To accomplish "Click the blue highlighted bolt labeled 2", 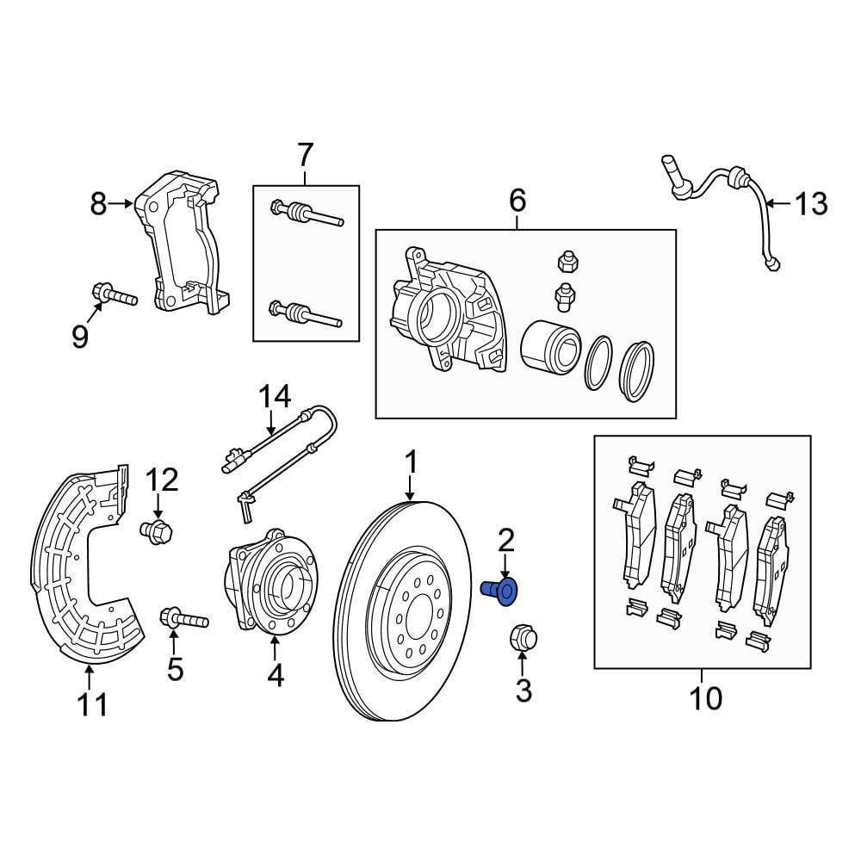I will click(x=499, y=591).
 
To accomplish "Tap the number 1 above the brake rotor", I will click(x=411, y=462).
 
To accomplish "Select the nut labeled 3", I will click(x=522, y=639).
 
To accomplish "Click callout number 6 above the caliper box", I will click(x=517, y=201).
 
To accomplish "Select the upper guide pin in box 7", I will click(x=306, y=213).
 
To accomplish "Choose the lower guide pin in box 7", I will click(x=306, y=312).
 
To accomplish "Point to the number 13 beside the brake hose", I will click(x=810, y=205).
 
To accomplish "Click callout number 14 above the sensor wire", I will click(x=276, y=397).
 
